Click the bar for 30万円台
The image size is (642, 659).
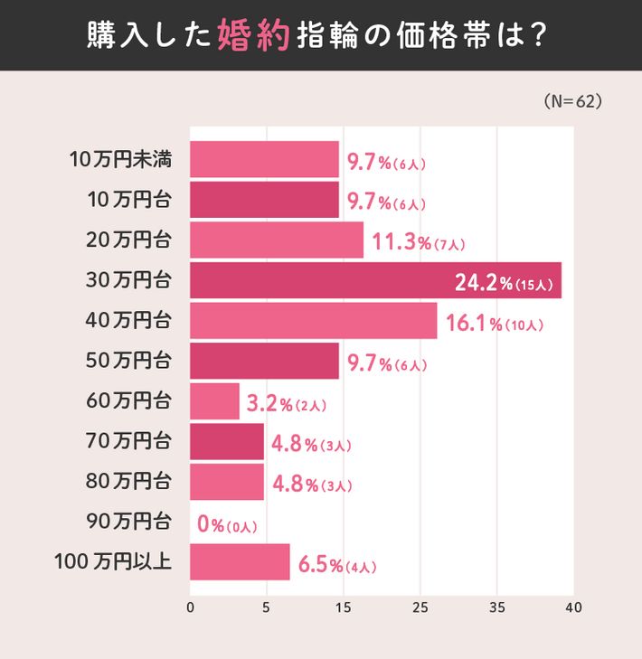point(375,280)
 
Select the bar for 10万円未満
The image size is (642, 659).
point(264,159)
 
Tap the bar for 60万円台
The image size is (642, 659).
point(214,401)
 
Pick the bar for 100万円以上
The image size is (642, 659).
point(240,562)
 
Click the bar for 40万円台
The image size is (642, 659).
point(313,321)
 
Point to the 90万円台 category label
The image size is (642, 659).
point(128,522)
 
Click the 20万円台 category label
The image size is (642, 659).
point(128,240)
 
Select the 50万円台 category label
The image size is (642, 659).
point(128,361)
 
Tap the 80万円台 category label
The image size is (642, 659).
point(128,482)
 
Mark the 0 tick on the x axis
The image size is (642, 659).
point(190,607)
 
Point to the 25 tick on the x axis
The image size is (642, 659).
point(420,607)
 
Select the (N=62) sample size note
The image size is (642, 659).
point(573,101)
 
